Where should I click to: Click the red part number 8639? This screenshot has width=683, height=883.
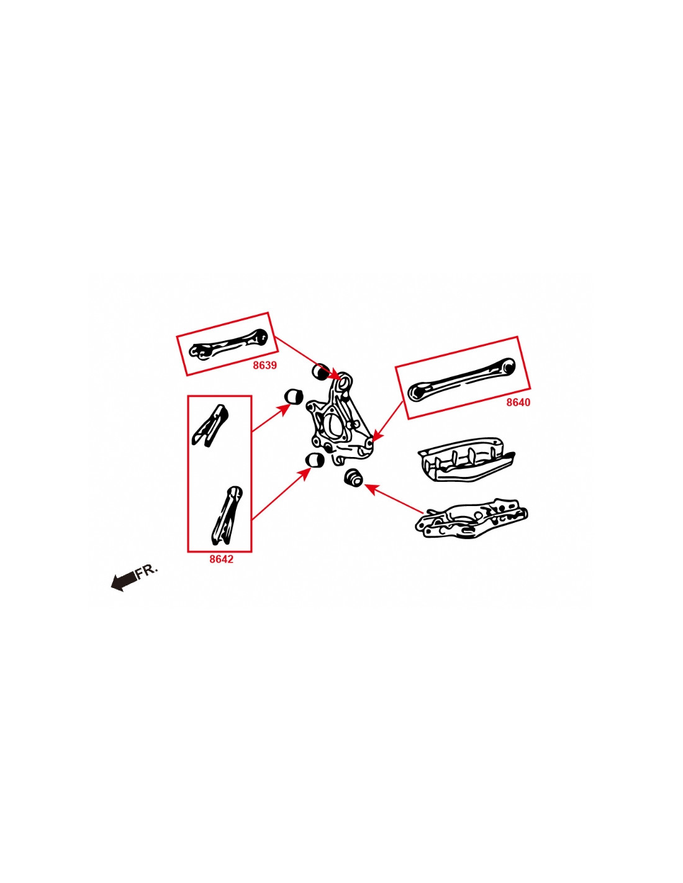pyautogui.click(x=265, y=365)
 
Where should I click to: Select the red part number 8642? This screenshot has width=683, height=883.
pyautogui.click(x=222, y=559)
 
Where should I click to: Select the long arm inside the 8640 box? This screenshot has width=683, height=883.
pyautogui.click(x=461, y=379)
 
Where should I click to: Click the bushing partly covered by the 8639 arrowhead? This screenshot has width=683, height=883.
pyautogui.click(x=321, y=371)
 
